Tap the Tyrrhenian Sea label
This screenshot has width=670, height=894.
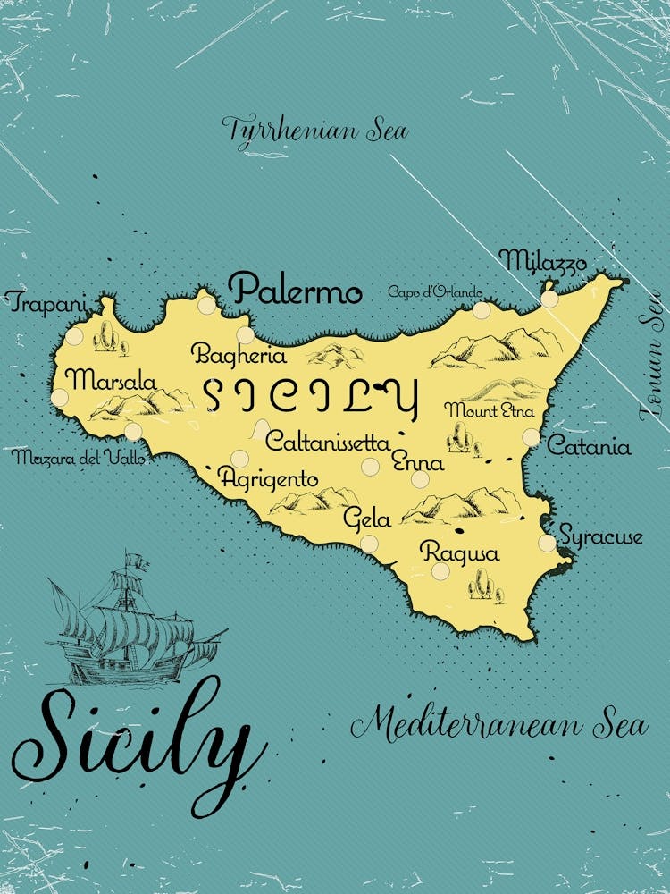pos(315,131)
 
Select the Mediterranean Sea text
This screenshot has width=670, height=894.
pos(498,723)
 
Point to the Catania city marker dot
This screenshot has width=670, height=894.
pos(532,437)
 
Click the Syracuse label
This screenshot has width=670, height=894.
pos(600,537)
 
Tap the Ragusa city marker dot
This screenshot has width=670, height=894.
pos(440,570)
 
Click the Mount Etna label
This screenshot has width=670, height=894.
pos(490,411)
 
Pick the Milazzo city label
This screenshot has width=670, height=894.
pos(543,261)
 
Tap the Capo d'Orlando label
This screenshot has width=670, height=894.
pos(435,292)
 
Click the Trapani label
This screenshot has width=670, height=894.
pos(46,302)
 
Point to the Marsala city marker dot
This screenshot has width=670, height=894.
pos(60,397)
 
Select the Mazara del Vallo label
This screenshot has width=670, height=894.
pos(78,458)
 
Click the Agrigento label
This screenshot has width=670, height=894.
pos(269,479)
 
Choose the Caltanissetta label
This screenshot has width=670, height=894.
pos(328,442)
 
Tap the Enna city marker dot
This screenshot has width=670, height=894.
pos(420,479)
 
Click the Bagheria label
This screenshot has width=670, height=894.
pos(239,355)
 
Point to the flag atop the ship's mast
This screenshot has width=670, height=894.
pos(137,561)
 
